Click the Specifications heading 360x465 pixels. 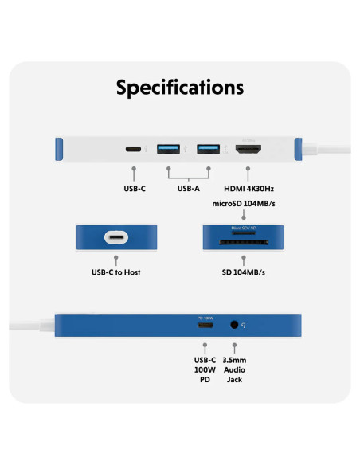(x=180, y=87)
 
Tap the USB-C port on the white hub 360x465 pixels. (x=134, y=149)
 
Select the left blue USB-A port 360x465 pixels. (x=170, y=149)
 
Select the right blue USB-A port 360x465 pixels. (x=208, y=149)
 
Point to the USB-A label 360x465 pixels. (x=189, y=190)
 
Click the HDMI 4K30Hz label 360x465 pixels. (x=248, y=190)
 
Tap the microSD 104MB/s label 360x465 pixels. (x=247, y=204)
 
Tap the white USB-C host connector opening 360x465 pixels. (x=115, y=237)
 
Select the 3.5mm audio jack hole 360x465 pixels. (x=234, y=325)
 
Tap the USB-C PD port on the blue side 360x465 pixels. (x=205, y=325)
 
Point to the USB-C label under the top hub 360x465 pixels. (x=134, y=190)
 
